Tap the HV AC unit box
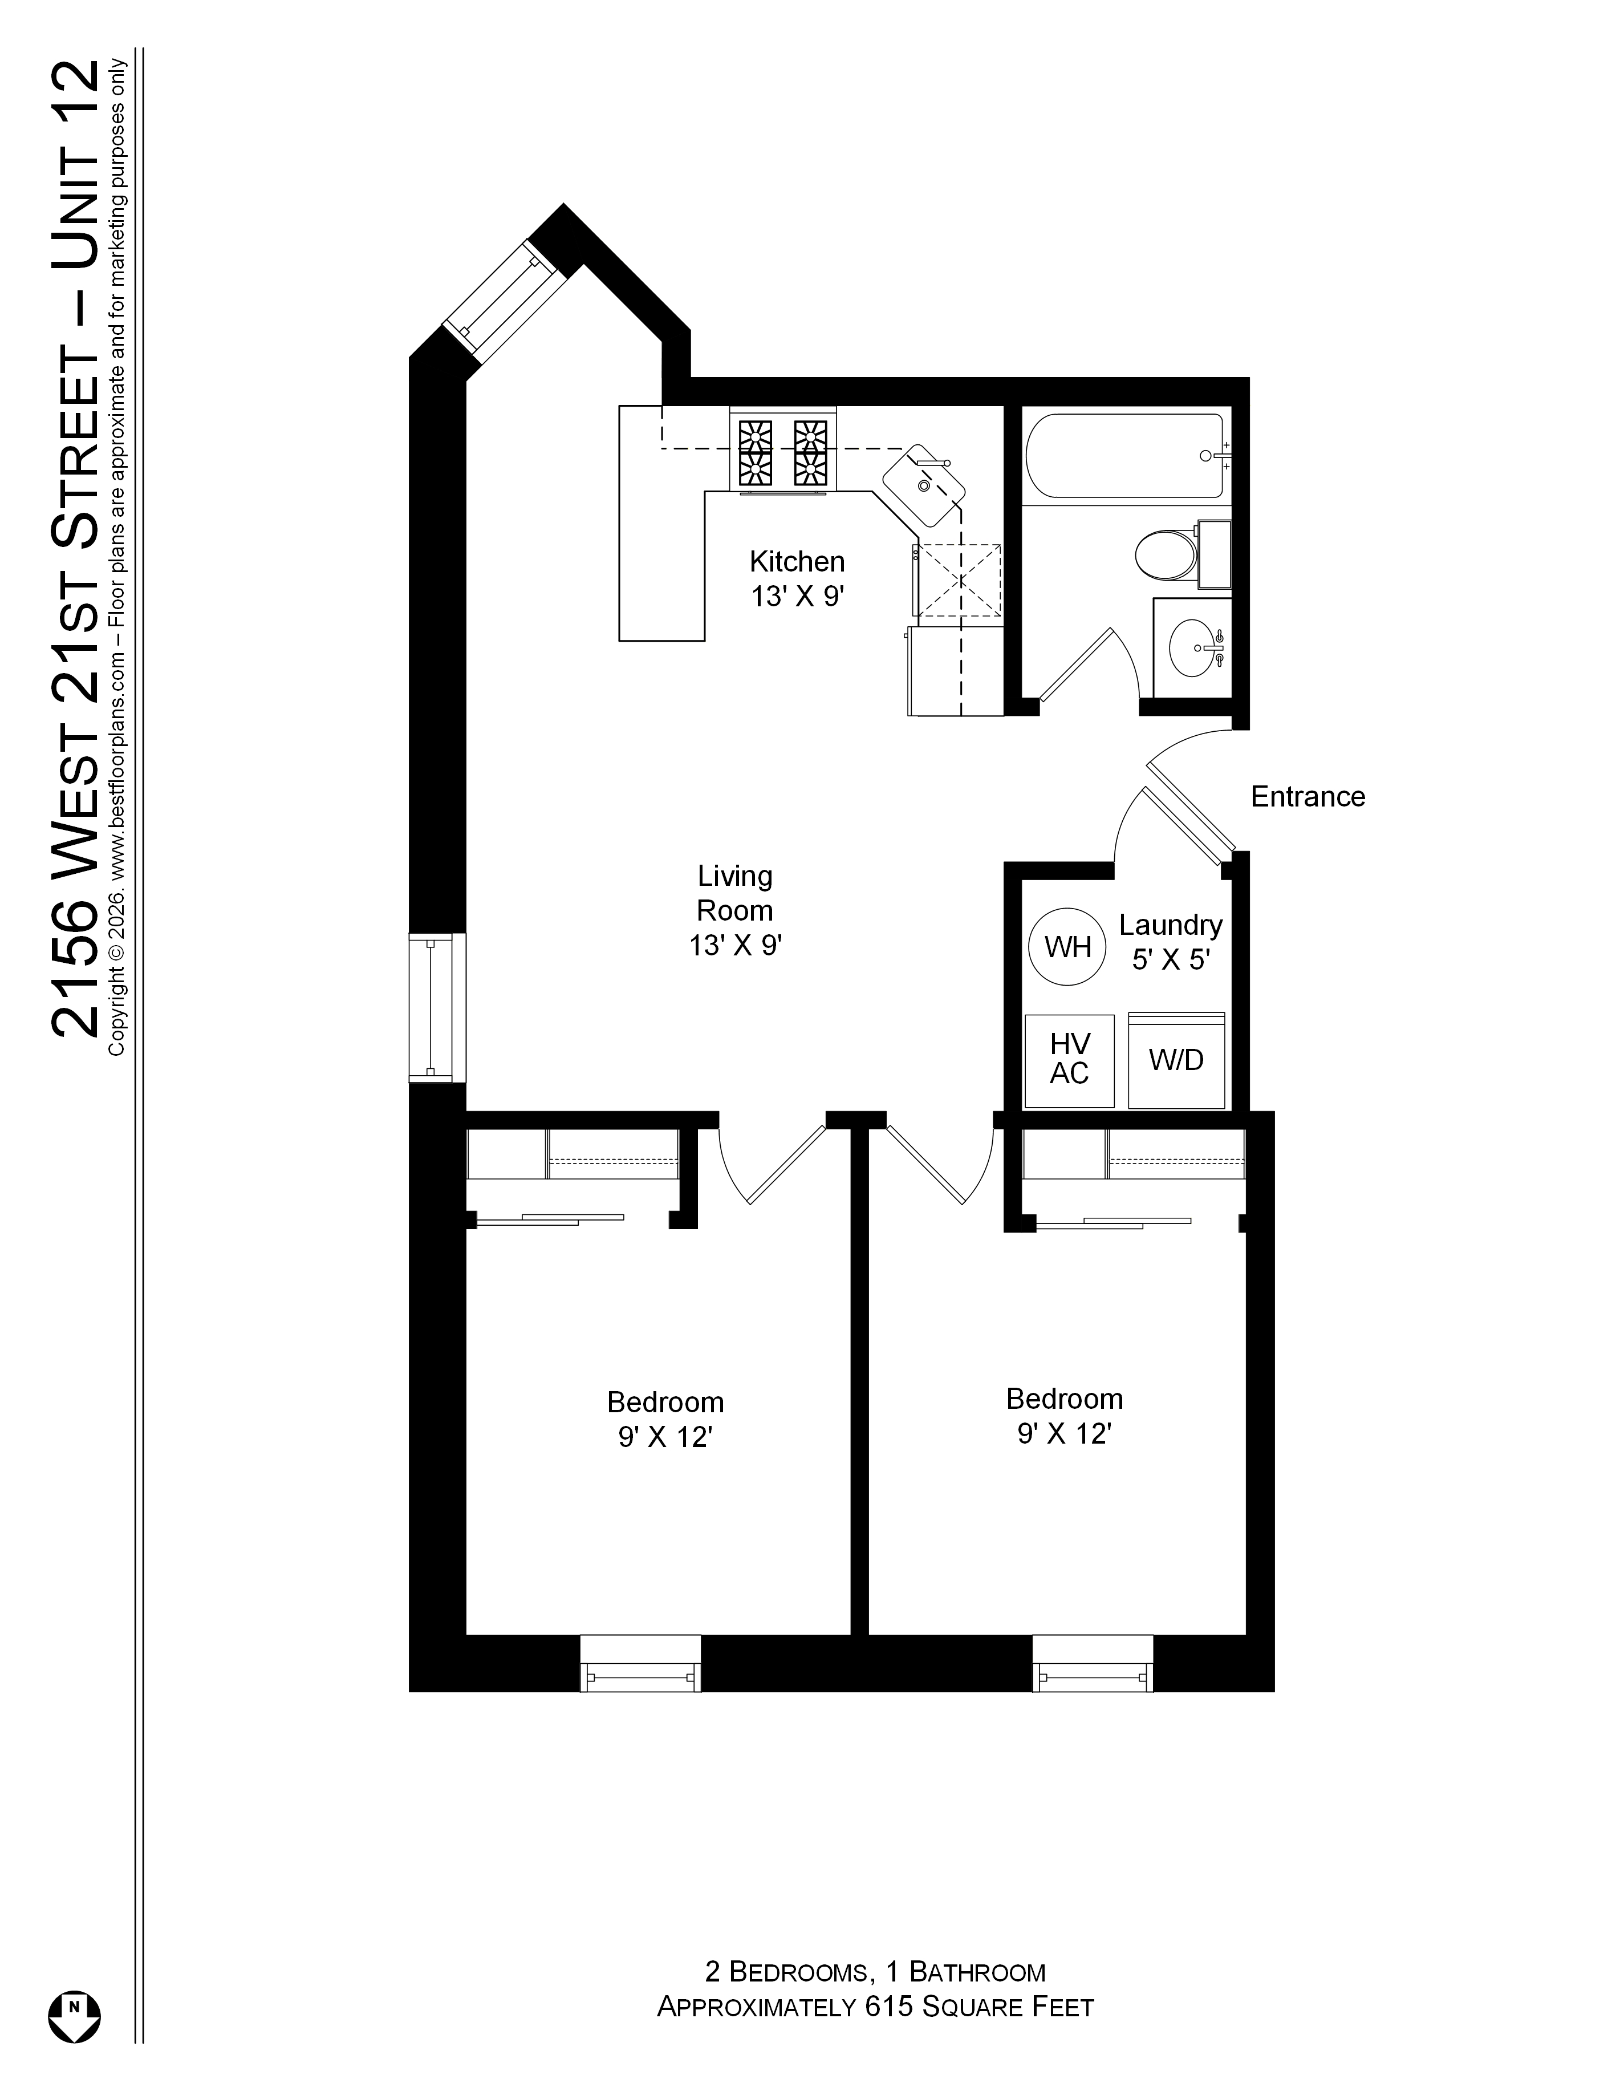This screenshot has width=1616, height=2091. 1069,1061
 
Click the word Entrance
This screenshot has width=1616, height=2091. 1308,797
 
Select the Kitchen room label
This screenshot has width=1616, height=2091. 798,578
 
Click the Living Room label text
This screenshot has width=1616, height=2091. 735,910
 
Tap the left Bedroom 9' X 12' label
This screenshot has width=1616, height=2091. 665,1419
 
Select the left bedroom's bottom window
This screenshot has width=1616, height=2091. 640,1663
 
